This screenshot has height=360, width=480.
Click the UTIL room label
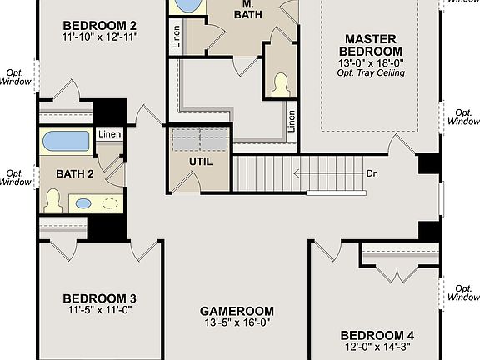click(201, 161)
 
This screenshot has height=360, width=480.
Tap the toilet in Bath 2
click(54, 200)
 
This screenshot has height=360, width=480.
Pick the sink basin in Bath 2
click(83, 202)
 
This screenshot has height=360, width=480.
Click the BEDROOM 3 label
click(100, 298)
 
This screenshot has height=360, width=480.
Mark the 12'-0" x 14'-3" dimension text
click(377, 348)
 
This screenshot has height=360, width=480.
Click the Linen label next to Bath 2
click(108, 134)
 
